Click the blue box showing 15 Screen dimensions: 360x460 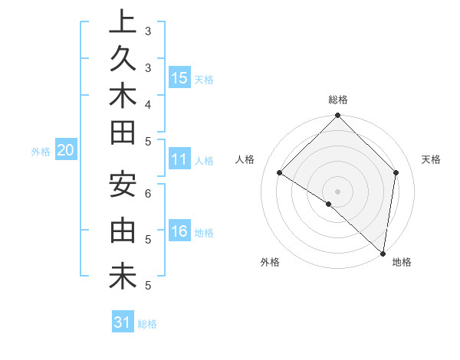179,77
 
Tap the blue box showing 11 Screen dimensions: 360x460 179,159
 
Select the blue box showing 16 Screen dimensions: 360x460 179,231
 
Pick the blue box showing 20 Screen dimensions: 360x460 65,151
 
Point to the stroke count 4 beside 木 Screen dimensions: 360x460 148,104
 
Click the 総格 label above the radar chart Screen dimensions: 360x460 337,100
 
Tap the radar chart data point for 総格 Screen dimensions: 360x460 337,116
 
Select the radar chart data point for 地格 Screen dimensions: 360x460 382,253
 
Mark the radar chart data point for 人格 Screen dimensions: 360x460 280,173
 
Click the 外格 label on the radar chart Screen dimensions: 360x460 270,262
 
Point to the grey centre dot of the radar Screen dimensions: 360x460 337,191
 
